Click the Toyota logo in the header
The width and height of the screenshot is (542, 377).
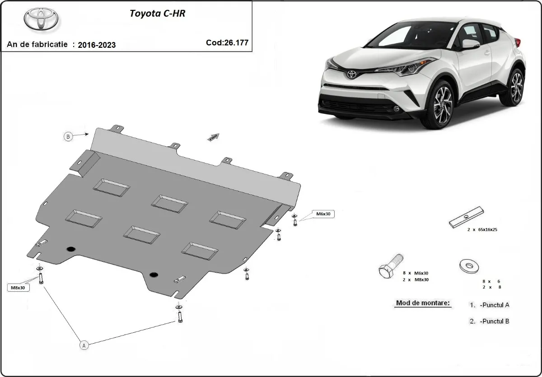click(41, 19)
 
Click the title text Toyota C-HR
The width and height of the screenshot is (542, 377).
click(157, 13)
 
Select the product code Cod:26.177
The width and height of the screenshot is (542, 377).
click(227, 42)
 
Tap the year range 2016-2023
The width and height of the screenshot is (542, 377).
click(97, 45)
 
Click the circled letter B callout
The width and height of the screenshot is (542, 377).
click(68, 136)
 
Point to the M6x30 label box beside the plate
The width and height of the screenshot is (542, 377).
click(323, 214)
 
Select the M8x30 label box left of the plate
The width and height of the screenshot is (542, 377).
click(19, 287)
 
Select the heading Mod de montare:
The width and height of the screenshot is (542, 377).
click(423, 303)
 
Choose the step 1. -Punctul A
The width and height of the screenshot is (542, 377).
click(490, 305)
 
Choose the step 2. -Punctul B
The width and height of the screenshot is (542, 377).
click(490, 321)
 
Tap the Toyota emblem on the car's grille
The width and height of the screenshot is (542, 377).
click(351, 73)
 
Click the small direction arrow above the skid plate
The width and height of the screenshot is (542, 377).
click(213, 137)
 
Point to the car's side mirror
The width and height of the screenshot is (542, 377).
click(470, 44)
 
